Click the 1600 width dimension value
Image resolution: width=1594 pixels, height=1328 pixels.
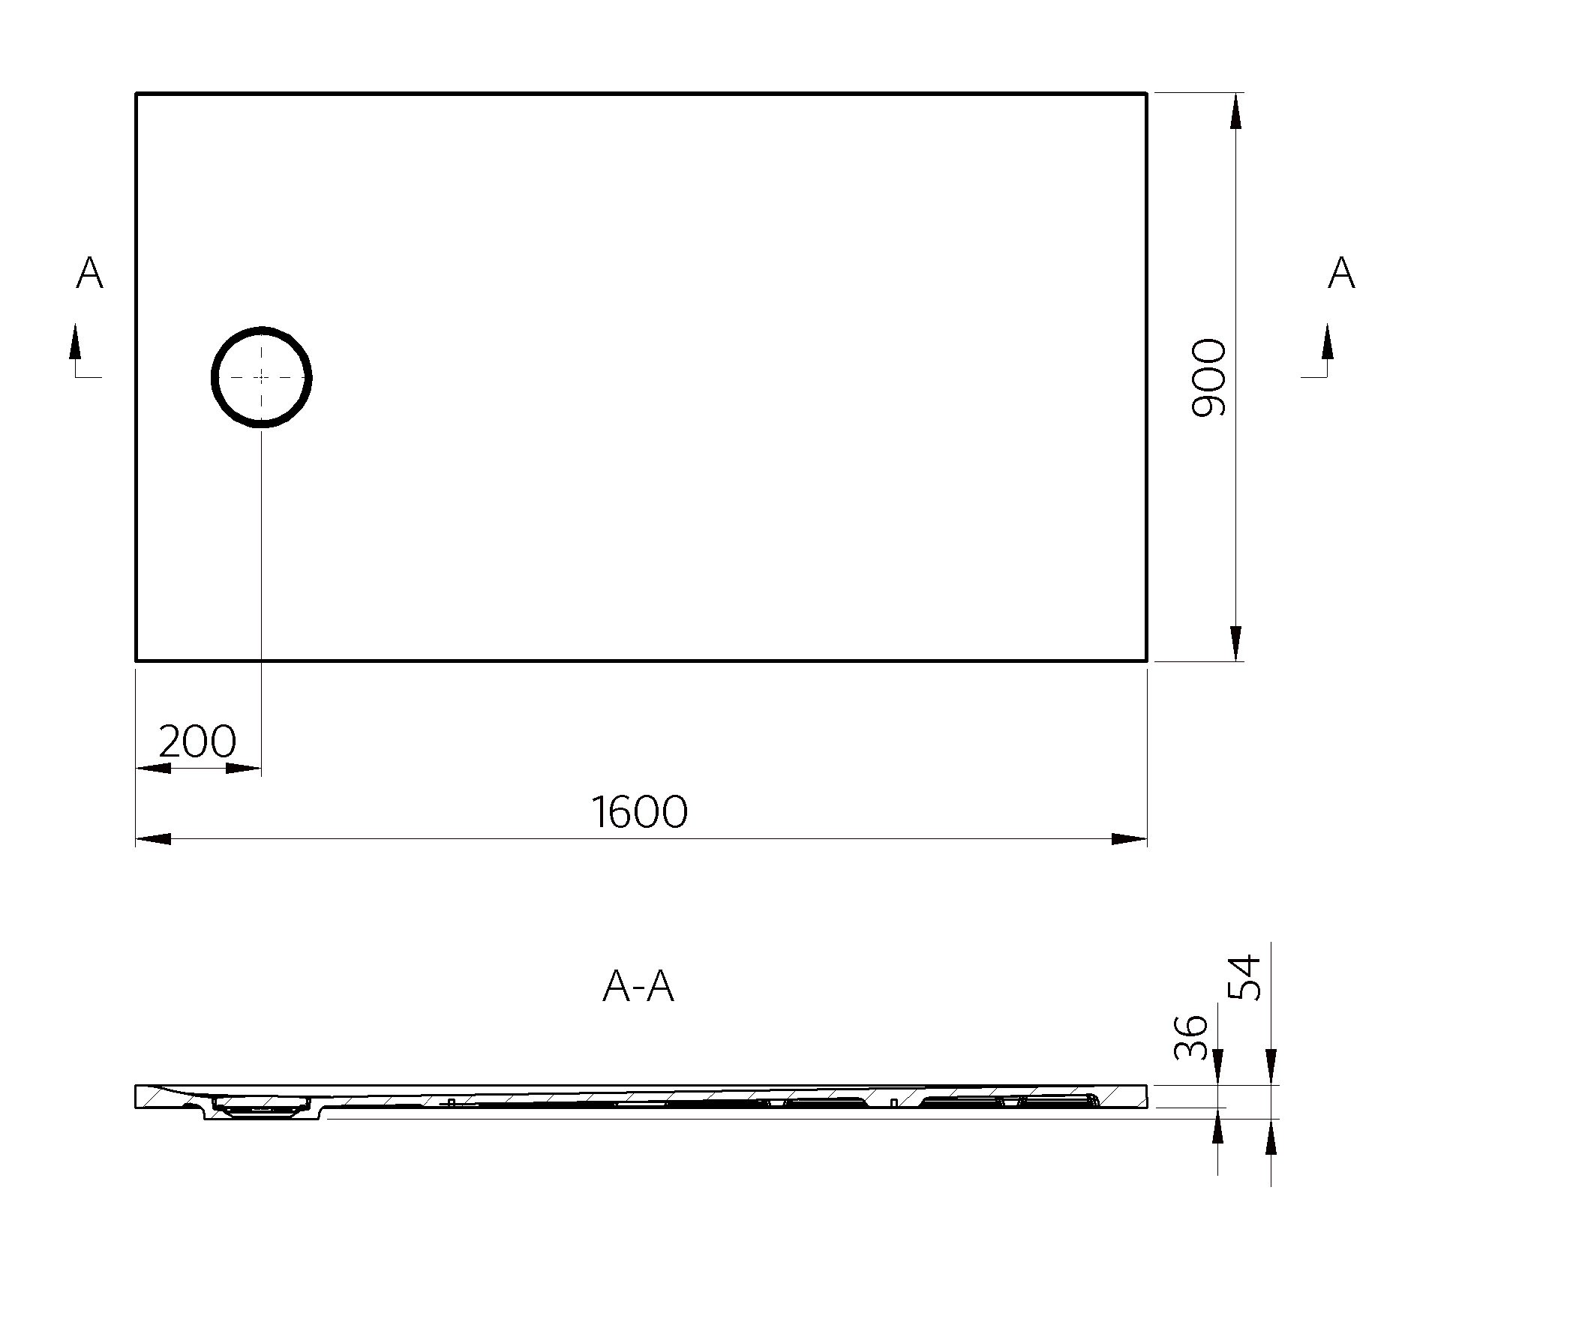click(639, 812)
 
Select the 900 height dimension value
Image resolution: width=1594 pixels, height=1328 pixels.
click(1208, 378)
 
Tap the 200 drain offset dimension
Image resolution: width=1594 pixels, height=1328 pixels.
click(197, 742)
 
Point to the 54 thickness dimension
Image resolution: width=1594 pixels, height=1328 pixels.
click(1245, 977)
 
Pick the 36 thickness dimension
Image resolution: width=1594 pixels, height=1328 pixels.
click(1190, 1036)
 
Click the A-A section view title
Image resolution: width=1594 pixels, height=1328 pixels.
click(638, 987)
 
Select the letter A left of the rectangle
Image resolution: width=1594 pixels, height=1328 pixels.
click(89, 272)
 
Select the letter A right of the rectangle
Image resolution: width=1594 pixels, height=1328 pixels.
click(1341, 272)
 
